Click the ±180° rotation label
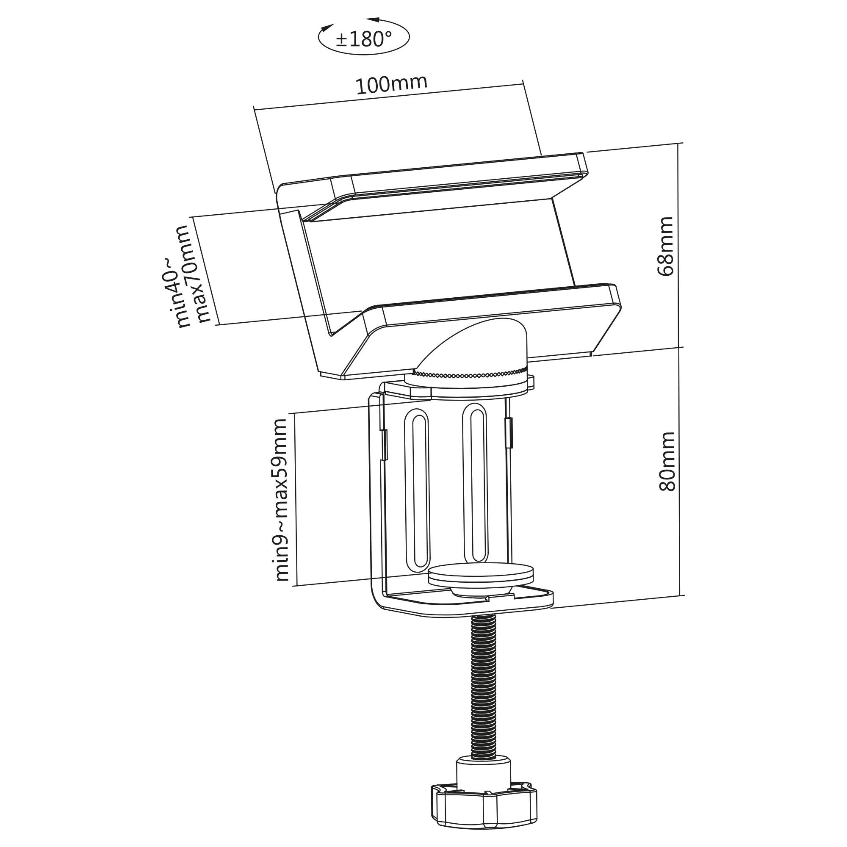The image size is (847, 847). pyautogui.click(x=363, y=39)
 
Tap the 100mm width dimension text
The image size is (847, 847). pyautogui.click(x=390, y=84)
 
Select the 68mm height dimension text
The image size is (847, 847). pyautogui.click(x=665, y=246)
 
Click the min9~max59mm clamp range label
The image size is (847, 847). pyautogui.click(x=282, y=500)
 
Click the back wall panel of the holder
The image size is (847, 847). pyautogui.click(x=434, y=259)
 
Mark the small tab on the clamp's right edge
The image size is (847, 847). pyautogui.click(x=509, y=433)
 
